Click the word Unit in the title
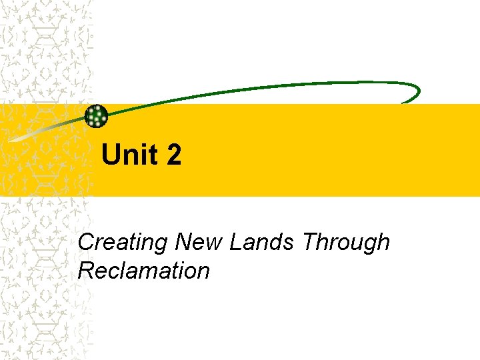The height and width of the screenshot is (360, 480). (x=130, y=155)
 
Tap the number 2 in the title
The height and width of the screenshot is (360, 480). (x=173, y=155)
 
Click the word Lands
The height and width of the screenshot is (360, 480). (x=261, y=242)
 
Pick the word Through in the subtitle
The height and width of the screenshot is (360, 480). (x=345, y=243)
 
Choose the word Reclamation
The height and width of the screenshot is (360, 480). (x=143, y=271)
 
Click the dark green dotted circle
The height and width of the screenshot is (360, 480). (x=97, y=117)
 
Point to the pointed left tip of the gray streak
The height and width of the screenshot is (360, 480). (x=11, y=141)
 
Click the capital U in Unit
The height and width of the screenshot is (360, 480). (x=111, y=155)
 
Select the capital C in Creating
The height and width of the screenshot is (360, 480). (x=86, y=242)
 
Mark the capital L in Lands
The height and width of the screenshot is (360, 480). (x=235, y=242)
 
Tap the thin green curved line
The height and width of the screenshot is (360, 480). (x=267, y=88)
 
